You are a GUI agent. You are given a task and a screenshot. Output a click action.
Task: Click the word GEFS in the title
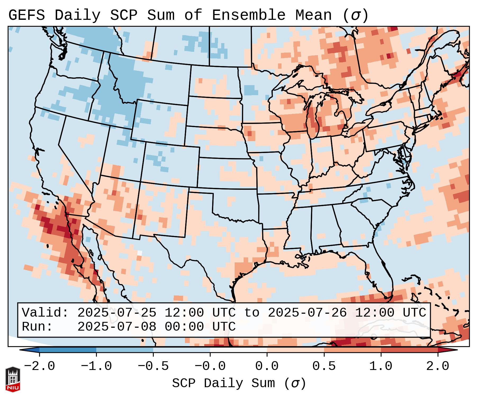click(x=26, y=15)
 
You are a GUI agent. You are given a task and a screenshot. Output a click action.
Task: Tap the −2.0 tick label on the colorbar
click(x=39, y=366)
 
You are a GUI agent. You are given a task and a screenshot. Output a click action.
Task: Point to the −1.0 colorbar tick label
click(x=96, y=366)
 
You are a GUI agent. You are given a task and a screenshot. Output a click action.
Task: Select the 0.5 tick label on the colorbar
click(x=324, y=366)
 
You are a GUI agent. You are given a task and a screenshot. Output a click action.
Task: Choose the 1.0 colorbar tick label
click(x=381, y=366)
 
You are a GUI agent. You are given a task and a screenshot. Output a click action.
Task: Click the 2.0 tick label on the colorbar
click(x=438, y=366)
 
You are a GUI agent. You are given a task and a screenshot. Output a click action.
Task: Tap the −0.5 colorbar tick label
click(x=153, y=366)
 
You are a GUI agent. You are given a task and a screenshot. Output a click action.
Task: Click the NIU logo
click(x=13, y=379)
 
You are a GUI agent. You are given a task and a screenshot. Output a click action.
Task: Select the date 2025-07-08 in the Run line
click(x=117, y=327)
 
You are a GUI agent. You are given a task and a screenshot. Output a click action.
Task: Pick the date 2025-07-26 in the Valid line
click(x=307, y=313)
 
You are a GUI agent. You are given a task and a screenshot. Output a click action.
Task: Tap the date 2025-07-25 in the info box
click(x=117, y=313)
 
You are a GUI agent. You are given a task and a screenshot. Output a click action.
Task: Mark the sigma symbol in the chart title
click(x=355, y=15)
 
